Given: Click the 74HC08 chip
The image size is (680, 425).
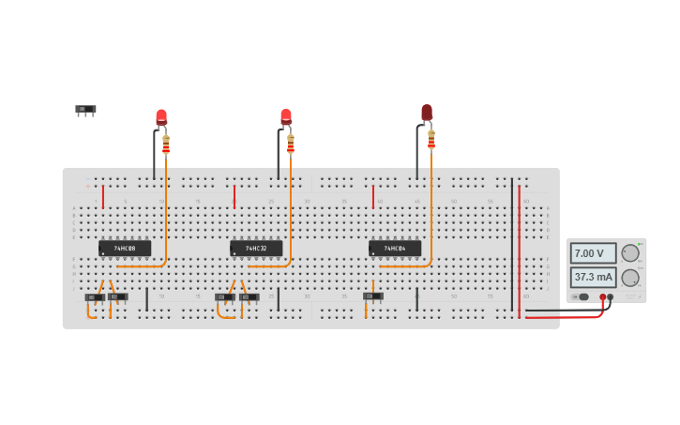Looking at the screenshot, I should point(125,249).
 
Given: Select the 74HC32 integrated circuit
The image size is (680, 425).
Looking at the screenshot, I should point(256,249).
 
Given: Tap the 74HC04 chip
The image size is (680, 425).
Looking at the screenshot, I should point(394,249).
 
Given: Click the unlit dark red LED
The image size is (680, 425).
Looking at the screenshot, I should point(427,113).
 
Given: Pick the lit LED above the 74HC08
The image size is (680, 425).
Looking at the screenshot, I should point(161,117).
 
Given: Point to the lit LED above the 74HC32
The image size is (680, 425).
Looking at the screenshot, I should point(286,117).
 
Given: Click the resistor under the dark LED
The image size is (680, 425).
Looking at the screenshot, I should point(431,140).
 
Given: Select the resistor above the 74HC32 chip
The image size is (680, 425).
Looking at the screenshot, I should point(291,144).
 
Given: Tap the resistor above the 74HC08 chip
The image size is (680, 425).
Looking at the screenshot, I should point(166,144).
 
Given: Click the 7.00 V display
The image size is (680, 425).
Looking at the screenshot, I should point(593,253).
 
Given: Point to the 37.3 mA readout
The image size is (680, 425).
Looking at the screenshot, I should point(593,277).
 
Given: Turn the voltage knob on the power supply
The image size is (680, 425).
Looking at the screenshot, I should point(630,252).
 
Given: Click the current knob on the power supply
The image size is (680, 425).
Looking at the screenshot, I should point(630,278).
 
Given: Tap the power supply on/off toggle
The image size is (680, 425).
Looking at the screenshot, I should point(582,296).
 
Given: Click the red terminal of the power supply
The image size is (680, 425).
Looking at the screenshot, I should point(603,297).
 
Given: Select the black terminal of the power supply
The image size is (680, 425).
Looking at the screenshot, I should point(611,297).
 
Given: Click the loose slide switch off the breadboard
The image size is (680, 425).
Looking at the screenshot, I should point(85,110).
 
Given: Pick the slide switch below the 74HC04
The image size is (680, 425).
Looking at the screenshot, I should point(373,296).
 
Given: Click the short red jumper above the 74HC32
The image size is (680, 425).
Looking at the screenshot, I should point(234,196).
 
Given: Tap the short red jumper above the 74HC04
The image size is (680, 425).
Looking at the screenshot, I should point(373,196).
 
